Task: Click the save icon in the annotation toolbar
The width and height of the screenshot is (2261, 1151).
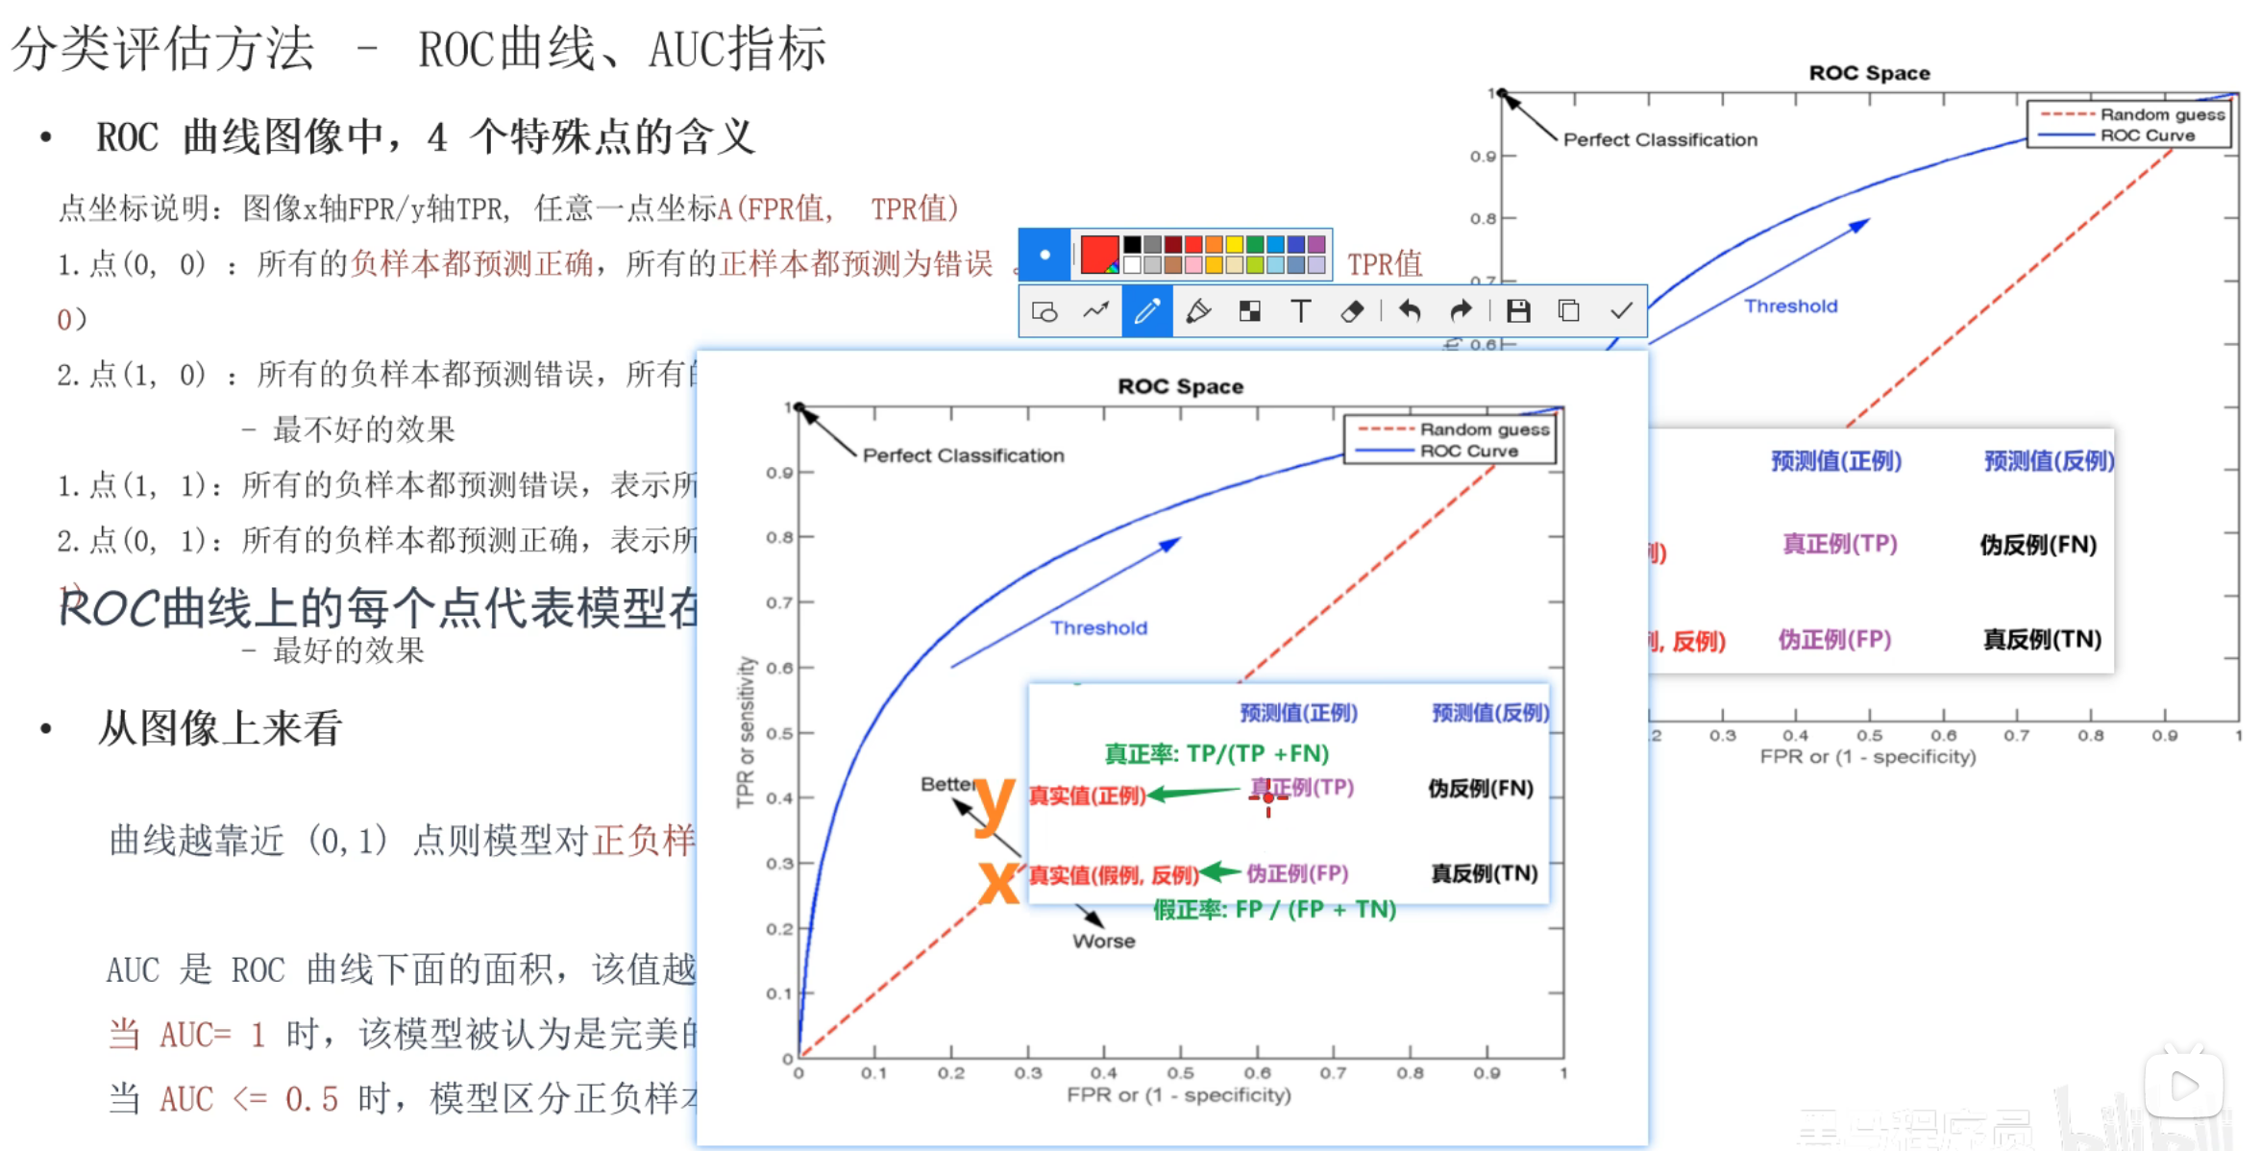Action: point(1518,311)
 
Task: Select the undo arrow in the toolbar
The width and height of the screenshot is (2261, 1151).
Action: point(1410,311)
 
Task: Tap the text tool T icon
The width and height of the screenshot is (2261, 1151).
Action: point(1301,311)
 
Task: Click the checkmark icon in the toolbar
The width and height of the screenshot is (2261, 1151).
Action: point(1621,311)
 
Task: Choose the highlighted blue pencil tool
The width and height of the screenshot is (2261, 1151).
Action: point(1146,311)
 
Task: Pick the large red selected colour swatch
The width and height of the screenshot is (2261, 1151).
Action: point(1099,254)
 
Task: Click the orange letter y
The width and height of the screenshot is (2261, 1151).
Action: point(995,805)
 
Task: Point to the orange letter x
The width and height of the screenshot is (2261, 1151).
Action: point(998,882)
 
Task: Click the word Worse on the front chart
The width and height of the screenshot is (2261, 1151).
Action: point(1104,942)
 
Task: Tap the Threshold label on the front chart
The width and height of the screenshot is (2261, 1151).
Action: point(1098,628)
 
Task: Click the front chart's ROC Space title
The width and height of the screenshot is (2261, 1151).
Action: point(1180,386)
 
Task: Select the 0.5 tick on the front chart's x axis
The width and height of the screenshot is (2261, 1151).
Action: point(1180,1073)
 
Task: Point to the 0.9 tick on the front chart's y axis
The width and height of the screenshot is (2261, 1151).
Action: point(779,473)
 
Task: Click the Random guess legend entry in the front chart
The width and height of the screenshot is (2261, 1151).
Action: point(1485,429)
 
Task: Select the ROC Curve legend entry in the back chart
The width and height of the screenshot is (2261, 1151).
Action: point(2148,135)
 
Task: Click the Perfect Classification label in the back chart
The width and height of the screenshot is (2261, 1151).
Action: point(1659,140)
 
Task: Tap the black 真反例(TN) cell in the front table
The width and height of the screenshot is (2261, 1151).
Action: point(1484,873)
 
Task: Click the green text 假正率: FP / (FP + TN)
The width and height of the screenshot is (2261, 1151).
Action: point(1274,910)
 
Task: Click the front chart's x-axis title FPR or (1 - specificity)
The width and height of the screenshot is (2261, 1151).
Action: point(1178,1095)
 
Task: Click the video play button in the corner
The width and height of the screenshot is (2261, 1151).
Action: point(2183,1086)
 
